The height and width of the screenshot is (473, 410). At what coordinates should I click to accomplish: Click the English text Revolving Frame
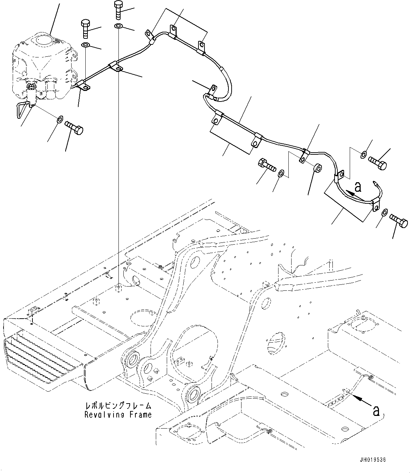(x=118, y=415)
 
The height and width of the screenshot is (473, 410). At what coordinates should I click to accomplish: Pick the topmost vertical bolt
(x=118, y=11)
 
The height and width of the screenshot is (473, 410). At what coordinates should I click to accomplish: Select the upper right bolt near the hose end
(x=378, y=162)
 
